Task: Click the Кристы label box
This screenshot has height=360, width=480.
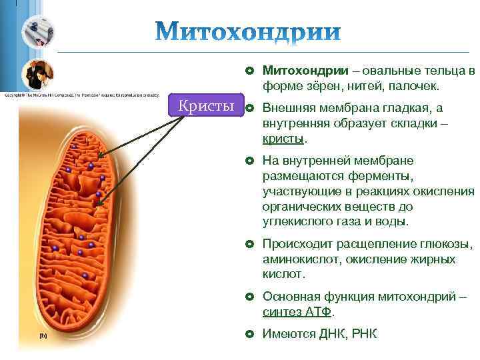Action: pos(207,107)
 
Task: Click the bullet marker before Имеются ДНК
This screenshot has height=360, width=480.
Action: pos(249,333)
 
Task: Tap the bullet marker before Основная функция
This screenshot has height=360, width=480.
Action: pos(249,297)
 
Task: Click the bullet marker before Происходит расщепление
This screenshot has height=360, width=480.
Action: pos(249,244)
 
